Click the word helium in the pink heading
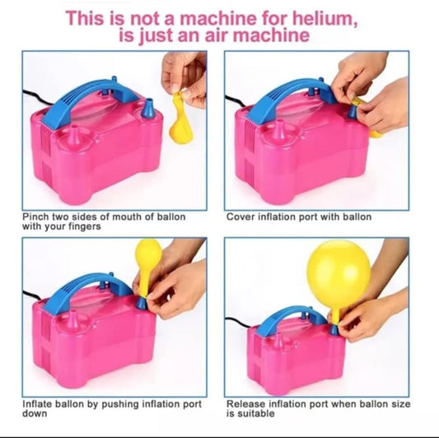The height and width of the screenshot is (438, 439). (324, 18)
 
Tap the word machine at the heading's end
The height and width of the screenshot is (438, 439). (271, 35)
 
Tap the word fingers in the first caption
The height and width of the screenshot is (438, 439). (85, 226)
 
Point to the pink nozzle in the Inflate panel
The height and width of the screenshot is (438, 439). (72, 319)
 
